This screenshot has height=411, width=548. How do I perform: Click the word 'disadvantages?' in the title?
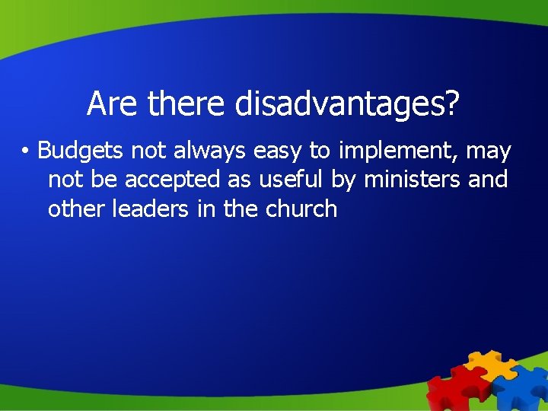pyautogui.click(x=347, y=104)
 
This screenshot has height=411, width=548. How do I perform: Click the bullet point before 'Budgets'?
pyautogui.click(x=25, y=152)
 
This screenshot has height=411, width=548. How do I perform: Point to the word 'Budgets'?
pyautogui.click(x=81, y=151)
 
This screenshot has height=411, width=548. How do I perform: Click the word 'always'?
pyautogui.click(x=210, y=152)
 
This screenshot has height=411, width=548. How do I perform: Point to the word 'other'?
pyautogui.click(x=78, y=208)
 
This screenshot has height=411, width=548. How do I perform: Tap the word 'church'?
pyautogui.click(x=301, y=208)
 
